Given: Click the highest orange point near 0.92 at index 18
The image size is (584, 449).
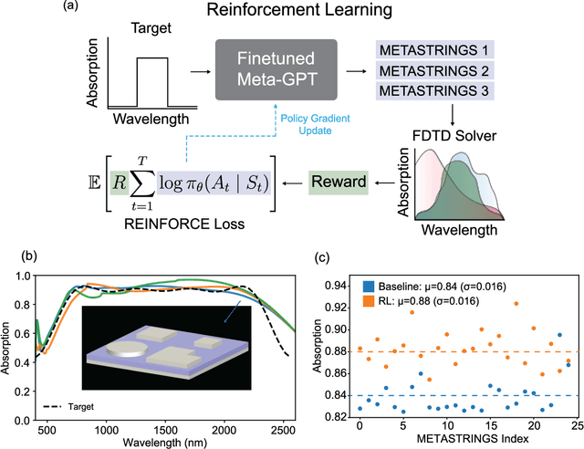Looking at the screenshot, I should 516,303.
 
